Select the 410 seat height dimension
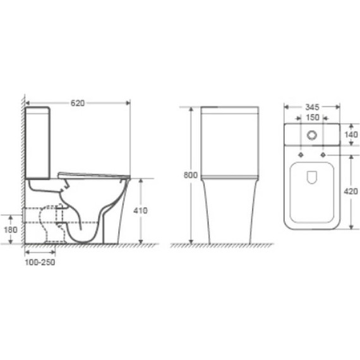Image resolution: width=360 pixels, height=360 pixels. [x=141, y=210]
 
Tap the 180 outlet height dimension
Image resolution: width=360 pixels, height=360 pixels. [x=11, y=230]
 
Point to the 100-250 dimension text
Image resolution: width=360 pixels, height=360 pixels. [x=39, y=262]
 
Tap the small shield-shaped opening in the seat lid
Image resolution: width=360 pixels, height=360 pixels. [x=311, y=179]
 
